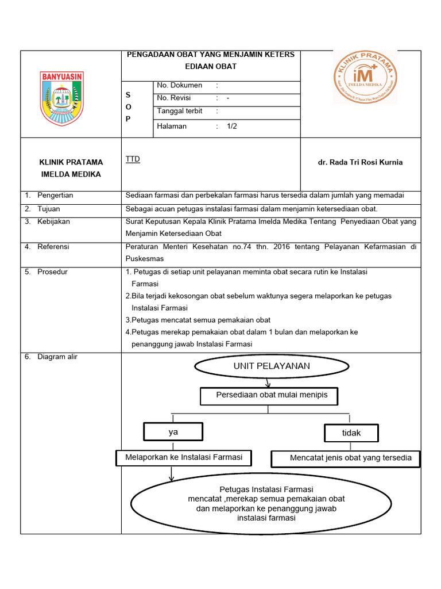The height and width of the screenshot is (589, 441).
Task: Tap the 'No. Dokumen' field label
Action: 179,85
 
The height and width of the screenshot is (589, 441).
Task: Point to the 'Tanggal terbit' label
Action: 180,111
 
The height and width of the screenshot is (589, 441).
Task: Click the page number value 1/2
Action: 232,126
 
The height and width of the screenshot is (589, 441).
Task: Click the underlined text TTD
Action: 133,159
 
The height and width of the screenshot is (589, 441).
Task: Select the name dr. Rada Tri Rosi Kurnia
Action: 360,162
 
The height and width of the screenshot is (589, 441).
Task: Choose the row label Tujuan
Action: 49,209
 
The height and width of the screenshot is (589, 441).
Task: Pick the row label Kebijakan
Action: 53,221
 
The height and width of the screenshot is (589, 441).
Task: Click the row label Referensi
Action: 53,247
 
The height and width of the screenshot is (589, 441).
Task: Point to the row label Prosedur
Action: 52,271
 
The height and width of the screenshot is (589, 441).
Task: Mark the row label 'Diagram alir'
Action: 57,357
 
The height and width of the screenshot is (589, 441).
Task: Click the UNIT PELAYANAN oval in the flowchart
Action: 271,366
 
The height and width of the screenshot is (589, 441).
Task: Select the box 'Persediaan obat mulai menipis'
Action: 268,395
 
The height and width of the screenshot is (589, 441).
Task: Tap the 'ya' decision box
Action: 173,431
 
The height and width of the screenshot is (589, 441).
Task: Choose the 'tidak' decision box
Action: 351,433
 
